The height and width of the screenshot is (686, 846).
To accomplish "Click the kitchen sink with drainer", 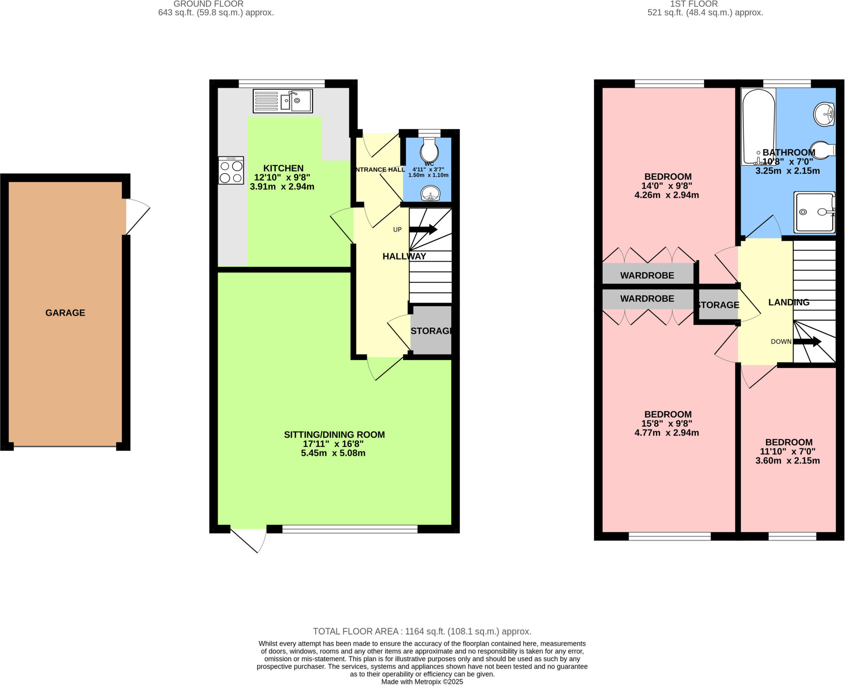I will click(x=283, y=101).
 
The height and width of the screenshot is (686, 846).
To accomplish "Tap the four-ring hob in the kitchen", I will click(x=231, y=170).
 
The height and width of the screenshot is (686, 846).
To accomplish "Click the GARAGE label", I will click(x=65, y=313).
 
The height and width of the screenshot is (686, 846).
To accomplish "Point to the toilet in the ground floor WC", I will click(x=429, y=150).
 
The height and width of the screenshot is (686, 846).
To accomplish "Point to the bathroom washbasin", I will click(x=824, y=114).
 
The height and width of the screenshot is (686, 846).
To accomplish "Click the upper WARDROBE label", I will click(x=647, y=275).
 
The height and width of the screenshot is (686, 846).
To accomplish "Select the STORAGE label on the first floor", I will click(x=718, y=305).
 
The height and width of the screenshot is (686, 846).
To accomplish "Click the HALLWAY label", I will click(x=404, y=256).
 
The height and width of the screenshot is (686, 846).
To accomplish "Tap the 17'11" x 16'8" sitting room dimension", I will click(x=333, y=444).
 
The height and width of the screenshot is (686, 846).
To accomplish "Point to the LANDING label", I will click(x=789, y=302).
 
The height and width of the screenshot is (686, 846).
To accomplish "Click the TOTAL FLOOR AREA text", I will click(x=422, y=631).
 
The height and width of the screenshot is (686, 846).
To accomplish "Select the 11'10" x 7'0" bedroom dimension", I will click(x=788, y=451).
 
